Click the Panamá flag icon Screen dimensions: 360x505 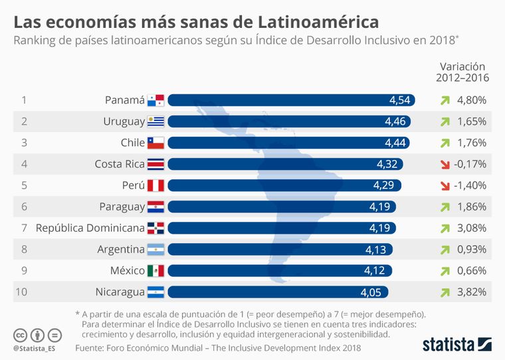pyautogui.click(x=155, y=100)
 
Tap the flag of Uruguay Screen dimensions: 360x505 pyautogui.click(x=155, y=122)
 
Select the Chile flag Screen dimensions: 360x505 pyautogui.click(x=155, y=143)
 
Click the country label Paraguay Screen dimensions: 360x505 pyautogui.click(x=122, y=207)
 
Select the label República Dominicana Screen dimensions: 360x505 pyautogui.click(x=90, y=228)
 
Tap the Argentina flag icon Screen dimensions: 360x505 pyautogui.click(x=155, y=249)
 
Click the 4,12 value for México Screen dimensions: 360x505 pyautogui.click(x=377, y=270)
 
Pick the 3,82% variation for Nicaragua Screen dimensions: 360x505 pyautogui.click(x=472, y=292)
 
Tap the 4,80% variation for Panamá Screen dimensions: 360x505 pyautogui.click(x=472, y=100)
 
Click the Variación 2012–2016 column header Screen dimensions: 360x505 pyautogui.click(x=462, y=72)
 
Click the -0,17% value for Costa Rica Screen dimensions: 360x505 pyautogui.click(x=470, y=164)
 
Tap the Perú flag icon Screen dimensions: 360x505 pyautogui.click(x=155, y=185)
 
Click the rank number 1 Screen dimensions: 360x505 pyautogui.click(x=24, y=100)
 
